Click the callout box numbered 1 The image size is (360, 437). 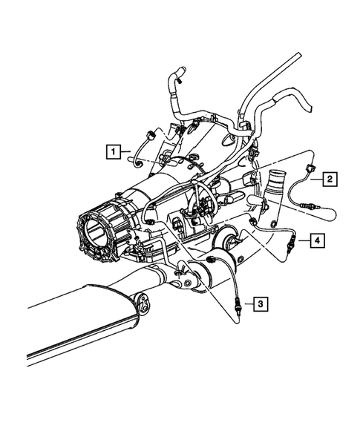coord(112,152)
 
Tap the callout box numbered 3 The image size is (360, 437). coord(259,303)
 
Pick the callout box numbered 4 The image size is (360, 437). coord(316,240)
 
